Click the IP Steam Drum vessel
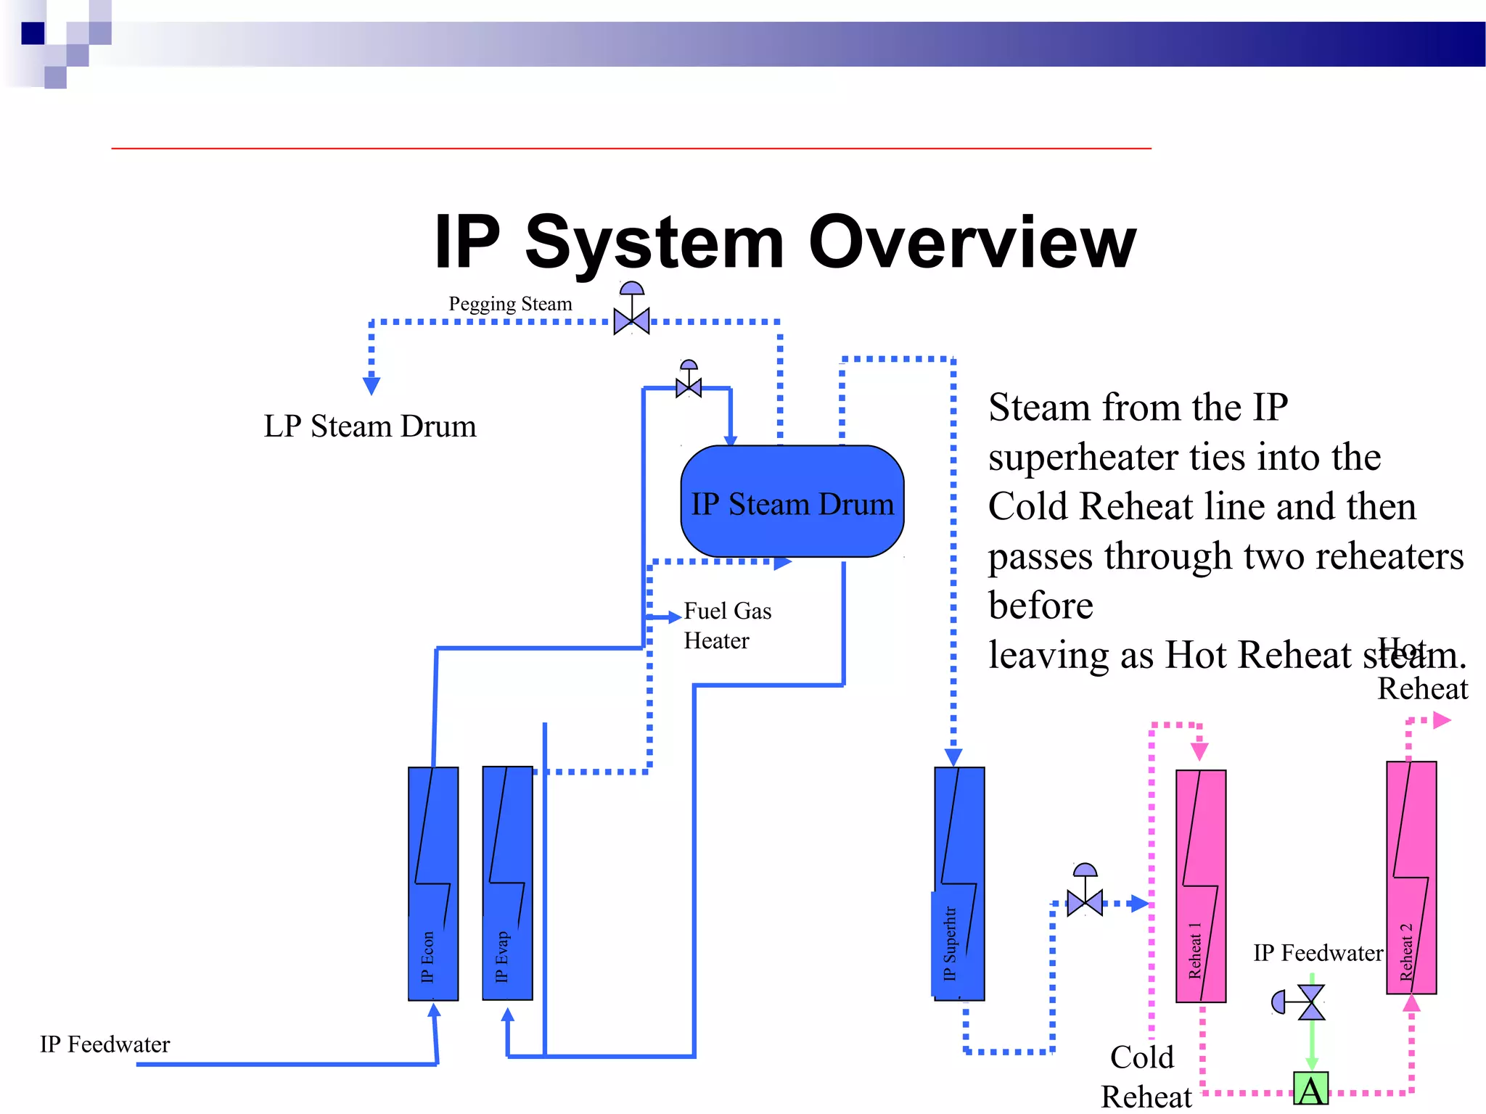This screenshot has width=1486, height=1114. (792, 501)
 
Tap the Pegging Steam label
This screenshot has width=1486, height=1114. (510, 303)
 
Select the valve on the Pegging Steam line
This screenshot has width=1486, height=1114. (631, 319)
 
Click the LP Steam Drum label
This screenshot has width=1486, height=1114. (370, 426)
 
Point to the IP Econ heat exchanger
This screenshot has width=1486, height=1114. (433, 883)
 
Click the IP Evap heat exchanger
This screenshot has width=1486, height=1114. (507, 883)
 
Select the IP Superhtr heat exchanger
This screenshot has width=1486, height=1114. (959, 883)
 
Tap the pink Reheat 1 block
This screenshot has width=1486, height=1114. (1200, 886)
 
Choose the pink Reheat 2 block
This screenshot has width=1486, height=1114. (1411, 877)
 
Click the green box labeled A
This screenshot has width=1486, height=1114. (1310, 1089)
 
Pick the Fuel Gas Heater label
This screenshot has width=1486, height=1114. (727, 625)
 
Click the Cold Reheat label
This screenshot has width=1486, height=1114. (1144, 1076)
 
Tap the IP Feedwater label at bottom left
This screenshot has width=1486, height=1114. (104, 1044)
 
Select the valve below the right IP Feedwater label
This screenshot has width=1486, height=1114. (1310, 1002)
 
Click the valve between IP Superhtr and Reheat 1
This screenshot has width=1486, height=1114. (1085, 902)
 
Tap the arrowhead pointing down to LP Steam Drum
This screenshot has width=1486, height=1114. (371, 385)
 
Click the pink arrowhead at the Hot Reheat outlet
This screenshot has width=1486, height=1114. (1442, 720)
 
